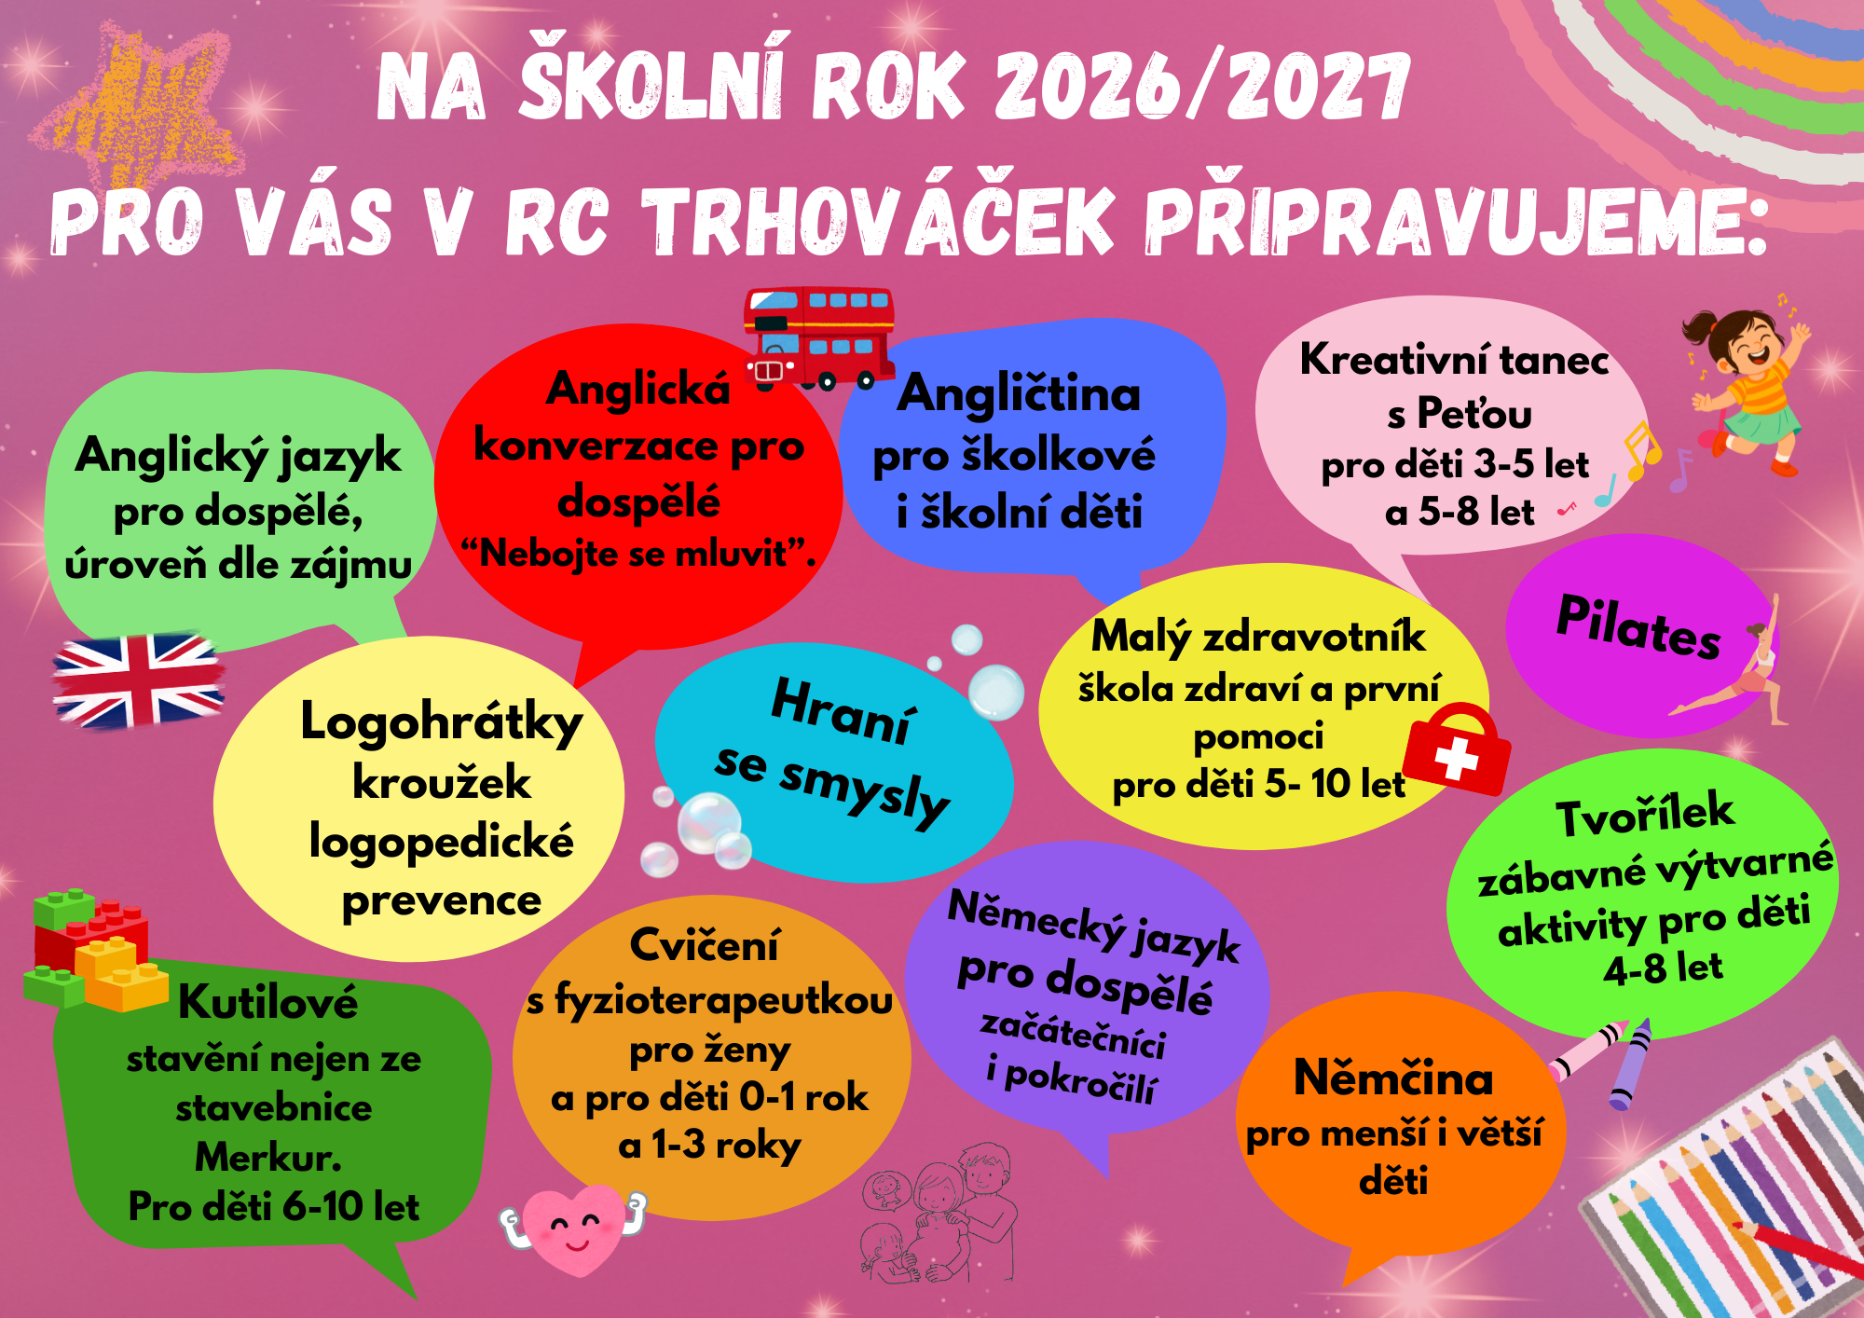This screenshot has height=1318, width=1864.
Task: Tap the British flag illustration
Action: tap(138, 681)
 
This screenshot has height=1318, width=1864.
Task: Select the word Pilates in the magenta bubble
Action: tap(1638, 626)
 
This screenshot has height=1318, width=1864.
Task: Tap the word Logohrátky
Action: tap(441, 723)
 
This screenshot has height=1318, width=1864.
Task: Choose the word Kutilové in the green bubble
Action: tap(268, 1002)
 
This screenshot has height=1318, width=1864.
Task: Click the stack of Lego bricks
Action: tap(93, 950)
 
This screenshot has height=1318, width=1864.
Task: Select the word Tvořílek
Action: tap(1645, 815)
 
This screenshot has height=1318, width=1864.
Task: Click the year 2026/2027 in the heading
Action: tap(1202, 86)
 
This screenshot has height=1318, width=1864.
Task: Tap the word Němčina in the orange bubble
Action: tap(1393, 1078)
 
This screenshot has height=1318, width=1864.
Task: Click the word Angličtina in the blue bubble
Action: tap(1019, 393)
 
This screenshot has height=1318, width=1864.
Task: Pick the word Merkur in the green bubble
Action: tap(267, 1158)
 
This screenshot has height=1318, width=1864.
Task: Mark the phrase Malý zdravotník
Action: tap(1258, 638)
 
